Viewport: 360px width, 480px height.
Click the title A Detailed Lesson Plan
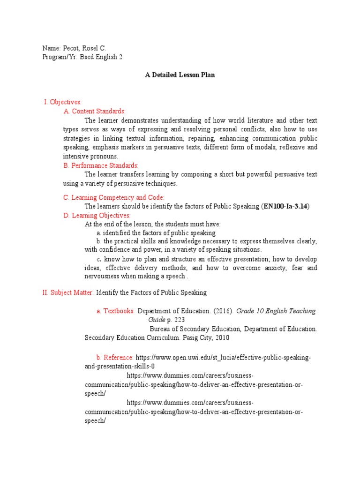point(180,75)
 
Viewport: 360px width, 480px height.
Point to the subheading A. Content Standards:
point(94,111)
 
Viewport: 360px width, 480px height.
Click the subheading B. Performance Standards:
point(101,165)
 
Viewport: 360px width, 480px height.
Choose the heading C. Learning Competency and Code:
point(114,197)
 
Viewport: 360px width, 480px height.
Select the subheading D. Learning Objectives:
point(97,215)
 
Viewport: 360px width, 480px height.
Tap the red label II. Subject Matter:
point(68,292)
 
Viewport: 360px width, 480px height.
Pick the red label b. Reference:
point(115,357)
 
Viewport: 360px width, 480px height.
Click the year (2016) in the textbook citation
point(223,311)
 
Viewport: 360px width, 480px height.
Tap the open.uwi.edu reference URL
point(223,357)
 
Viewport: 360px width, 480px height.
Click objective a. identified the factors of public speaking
point(156,233)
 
